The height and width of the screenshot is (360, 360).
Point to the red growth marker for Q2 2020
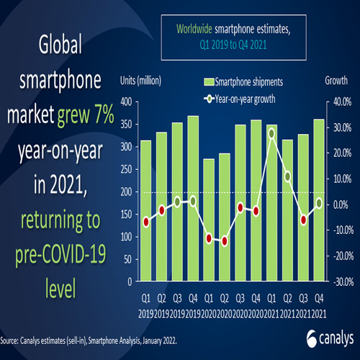pos(224,241)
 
